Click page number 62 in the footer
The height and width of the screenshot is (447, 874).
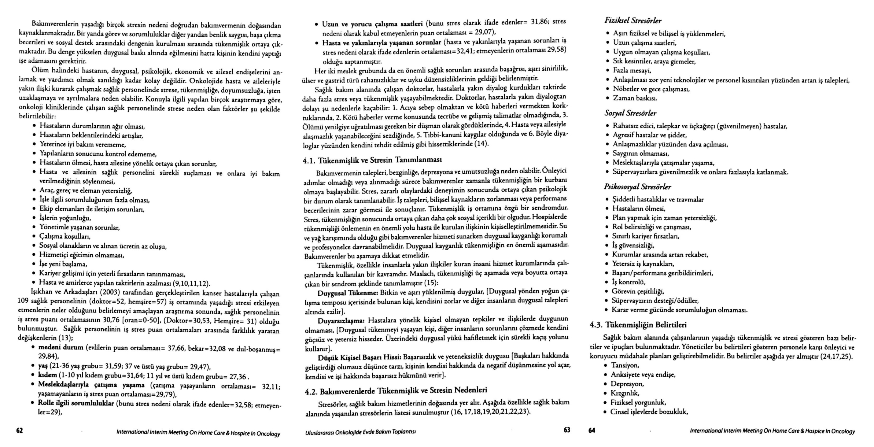20,431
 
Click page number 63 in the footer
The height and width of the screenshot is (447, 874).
567,430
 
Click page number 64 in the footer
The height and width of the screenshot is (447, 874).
592,431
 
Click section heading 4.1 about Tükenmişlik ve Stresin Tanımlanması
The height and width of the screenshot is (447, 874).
373,160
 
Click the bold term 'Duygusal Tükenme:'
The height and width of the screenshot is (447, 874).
347,293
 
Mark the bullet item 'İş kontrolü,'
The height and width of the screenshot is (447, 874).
628,282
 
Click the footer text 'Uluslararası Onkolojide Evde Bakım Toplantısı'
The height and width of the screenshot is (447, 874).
360,432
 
